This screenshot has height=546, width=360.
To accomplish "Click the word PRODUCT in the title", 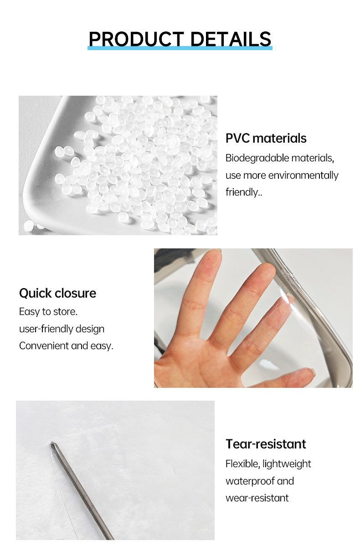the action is point(136,39).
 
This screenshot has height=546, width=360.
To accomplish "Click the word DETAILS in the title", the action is point(231,39).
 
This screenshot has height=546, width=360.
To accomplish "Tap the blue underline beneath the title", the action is point(180,48).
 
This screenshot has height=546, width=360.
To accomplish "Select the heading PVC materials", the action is point(266,138).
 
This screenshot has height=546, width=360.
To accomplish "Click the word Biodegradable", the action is point(257,158).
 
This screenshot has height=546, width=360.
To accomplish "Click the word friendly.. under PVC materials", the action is point(244,192).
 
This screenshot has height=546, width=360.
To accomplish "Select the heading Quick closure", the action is point(58,293).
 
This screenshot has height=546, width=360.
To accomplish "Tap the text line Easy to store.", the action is point(48,311).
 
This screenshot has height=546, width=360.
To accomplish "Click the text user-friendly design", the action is point(62,329).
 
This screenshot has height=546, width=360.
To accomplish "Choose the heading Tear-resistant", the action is point(266,444).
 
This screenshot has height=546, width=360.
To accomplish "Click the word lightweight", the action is point(287,464).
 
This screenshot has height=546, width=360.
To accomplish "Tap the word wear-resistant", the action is point(257,498).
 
